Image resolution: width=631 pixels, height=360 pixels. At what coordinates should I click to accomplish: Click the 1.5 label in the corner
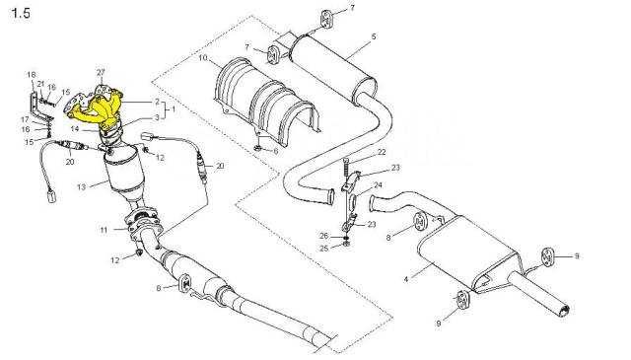[x=21, y=13]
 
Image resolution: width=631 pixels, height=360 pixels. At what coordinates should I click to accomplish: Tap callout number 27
[x=101, y=72]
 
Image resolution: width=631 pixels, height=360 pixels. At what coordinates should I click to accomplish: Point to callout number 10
[x=203, y=58]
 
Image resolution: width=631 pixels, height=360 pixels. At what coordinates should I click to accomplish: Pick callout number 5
[x=374, y=36]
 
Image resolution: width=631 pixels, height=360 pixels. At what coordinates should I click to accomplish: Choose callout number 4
[x=406, y=279]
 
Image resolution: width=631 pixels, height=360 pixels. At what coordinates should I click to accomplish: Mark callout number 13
[x=81, y=186]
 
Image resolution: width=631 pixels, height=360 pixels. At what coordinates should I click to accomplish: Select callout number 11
[x=105, y=231]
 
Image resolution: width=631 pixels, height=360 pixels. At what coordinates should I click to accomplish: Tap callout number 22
[x=382, y=152]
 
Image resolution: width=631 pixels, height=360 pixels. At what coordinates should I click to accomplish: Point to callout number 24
[x=378, y=185]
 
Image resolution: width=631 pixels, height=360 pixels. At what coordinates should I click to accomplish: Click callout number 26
[x=324, y=236]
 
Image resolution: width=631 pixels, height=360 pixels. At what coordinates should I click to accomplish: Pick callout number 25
[x=324, y=249]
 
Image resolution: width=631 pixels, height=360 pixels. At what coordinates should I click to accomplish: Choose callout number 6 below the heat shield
[x=276, y=152]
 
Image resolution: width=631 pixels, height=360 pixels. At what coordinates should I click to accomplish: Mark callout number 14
[x=75, y=129]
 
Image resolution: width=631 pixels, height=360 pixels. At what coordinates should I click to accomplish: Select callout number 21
[x=40, y=84]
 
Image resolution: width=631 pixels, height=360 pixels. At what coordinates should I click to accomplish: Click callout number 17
[x=25, y=119]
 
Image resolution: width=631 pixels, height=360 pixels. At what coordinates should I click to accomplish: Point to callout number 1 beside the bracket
[x=174, y=109]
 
